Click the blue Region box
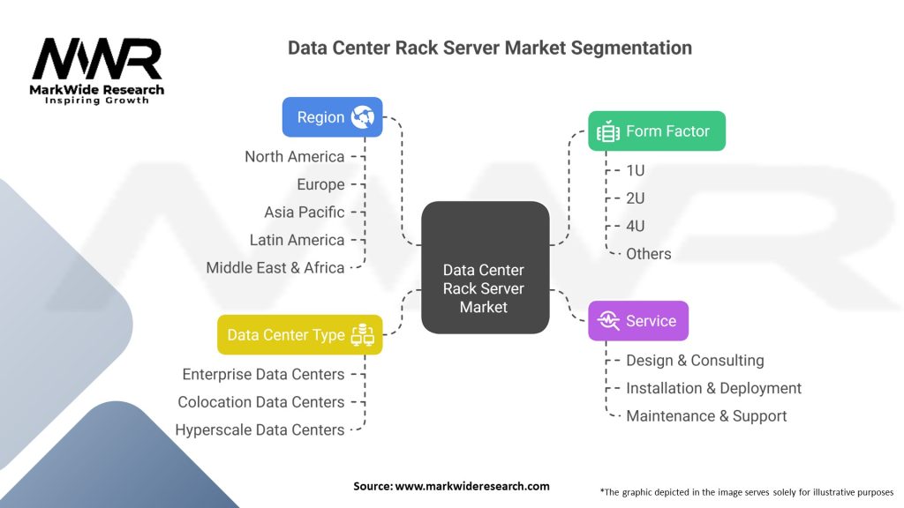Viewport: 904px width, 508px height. click(x=332, y=117)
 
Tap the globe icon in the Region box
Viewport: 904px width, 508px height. click(x=363, y=117)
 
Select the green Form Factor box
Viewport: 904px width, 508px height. click(x=657, y=131)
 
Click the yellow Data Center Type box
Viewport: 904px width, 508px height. click(x=300, y=334)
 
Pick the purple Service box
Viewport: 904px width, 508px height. click(x=638, y=321)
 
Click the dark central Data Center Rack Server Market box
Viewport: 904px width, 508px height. click(x=485, y=267)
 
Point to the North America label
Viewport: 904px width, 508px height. click(x=295, y=157)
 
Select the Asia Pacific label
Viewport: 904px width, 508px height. click(x=305, y=212)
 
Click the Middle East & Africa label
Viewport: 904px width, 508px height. click(x=275, y=268)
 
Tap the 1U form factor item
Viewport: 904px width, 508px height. click(x=636, y=170)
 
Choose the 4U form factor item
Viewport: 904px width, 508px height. click(x=636, y=226)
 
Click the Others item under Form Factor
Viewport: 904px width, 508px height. click(x=649, y=254)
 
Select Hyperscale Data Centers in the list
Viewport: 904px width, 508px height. click(x=260, y=430)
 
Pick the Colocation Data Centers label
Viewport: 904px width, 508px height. click(x=261, y=402)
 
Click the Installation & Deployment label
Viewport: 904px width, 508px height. click(x=713, y=388)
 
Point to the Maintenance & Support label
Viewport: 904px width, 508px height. click(x=706, y=416)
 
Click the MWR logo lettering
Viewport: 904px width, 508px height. click(x=97, y=59)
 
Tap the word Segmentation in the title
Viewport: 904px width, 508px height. click(x=631, y=48)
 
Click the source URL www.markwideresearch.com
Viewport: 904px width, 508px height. click(x=472, y=486)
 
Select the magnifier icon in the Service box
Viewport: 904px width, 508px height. click(x=608, y=321)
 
